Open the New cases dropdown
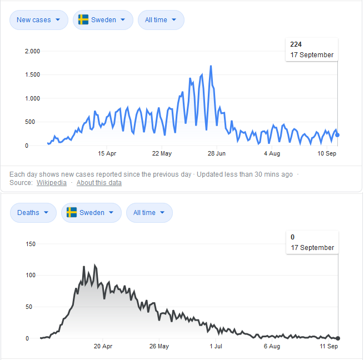click(39, 20)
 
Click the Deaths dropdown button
click(33, 213)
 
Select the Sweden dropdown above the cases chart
click(103, 20)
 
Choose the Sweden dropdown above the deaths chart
click(91, 213)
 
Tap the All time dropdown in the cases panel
click(161, 20)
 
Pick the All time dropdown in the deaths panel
click(149, 213)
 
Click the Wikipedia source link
click(52, 183)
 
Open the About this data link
click(99, 183)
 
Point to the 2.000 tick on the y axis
click(33, 52)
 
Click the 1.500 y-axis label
click(33, 75)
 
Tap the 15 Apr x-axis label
click(107, 153)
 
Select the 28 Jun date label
click(217, 153)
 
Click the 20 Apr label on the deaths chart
click(103, 346)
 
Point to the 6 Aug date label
click(272, 346)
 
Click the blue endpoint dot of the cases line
click(338, 134)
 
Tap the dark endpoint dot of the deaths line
click(338, 338)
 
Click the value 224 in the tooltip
click(296, 44)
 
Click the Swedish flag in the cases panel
click(83, 20)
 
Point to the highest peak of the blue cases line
click(211, 66)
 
